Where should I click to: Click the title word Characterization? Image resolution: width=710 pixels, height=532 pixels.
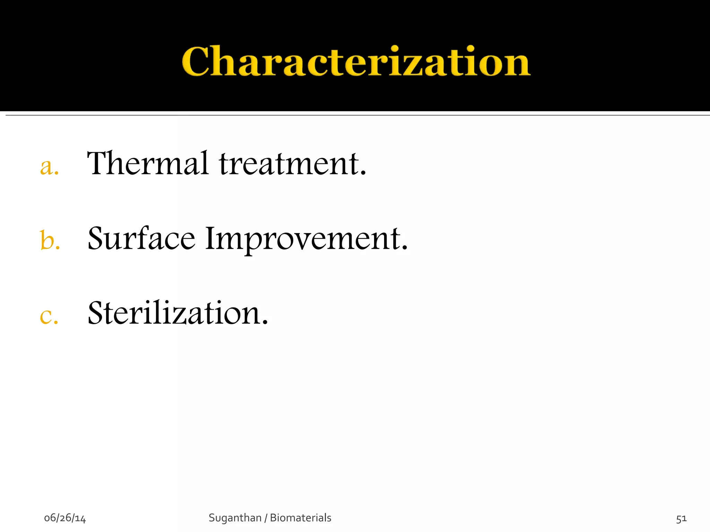tap(356, 61)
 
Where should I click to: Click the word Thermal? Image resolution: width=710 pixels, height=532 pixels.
tap(148, 163)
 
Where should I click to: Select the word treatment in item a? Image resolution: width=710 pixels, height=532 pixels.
tap(289, 164)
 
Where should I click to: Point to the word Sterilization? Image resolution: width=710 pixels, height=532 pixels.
tap(177, 313)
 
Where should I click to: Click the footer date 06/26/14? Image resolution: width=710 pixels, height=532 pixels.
tap(65, 518)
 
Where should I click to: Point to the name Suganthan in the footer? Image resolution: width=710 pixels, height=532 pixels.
tap(235, 518)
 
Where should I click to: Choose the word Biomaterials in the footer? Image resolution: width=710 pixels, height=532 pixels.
tap(301, 518)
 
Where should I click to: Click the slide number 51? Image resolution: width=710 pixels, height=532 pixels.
tap(681, 518)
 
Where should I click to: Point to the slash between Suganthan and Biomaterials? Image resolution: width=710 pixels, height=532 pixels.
tap(266, 518)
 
